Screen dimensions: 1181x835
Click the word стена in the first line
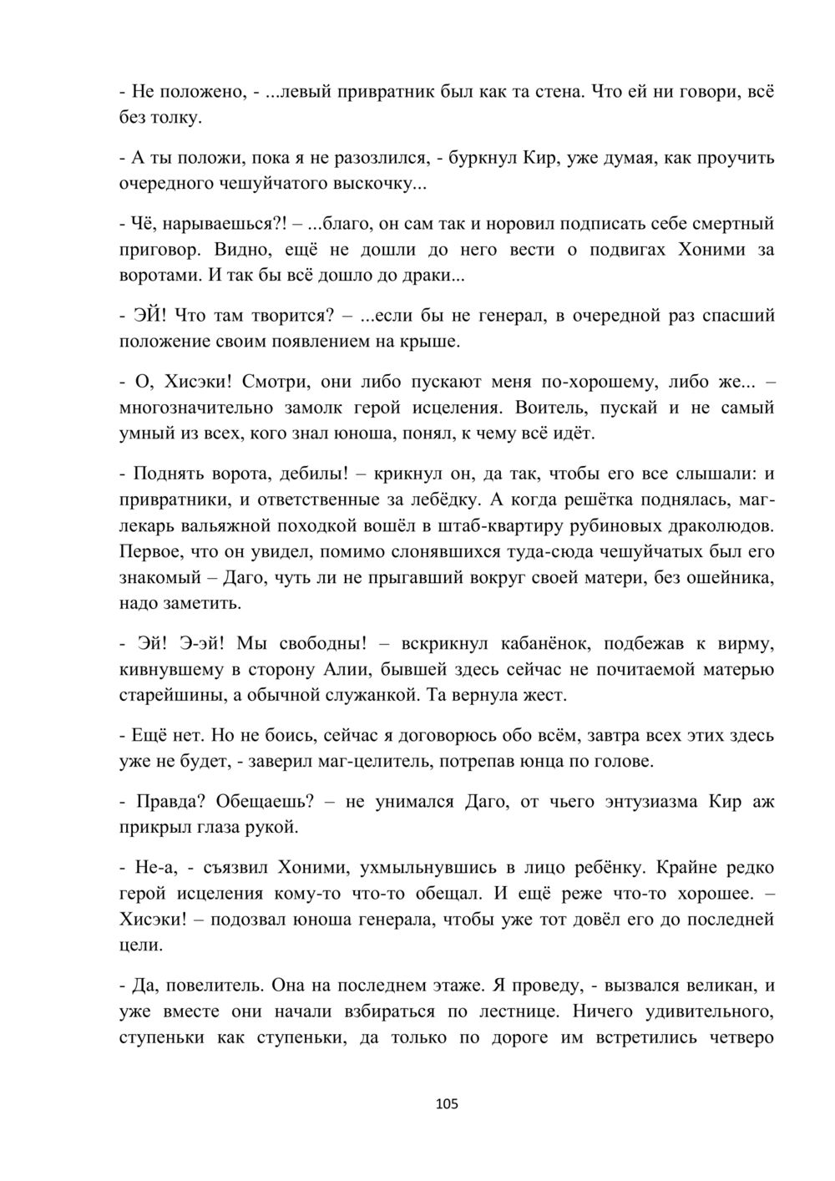[x=551, y=92]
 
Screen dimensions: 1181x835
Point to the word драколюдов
[x=715, y=526]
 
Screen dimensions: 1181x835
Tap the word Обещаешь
[x=265, y=803]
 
